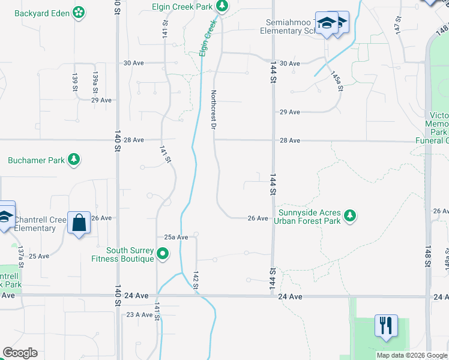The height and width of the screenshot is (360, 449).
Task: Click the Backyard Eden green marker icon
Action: coord(79,11)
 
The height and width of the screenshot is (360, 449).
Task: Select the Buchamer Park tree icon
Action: coord(73,160)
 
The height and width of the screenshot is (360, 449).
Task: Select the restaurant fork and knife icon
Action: coord(385,326)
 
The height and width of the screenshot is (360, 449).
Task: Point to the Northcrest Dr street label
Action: coord(213,110)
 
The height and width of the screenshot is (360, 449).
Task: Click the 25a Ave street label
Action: coord(176,238)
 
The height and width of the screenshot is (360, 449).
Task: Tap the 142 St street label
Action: coord(196,280)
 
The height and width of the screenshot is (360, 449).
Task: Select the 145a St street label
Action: coord(337,81)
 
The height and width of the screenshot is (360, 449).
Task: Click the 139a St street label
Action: coord(95,82)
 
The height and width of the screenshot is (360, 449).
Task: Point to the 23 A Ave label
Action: coord(139,314)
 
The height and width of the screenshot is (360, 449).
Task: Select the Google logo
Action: coord(20,353)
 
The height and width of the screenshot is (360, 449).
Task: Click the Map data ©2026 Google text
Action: coord(411,355)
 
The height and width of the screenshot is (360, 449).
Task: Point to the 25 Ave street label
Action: coord(39,256)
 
